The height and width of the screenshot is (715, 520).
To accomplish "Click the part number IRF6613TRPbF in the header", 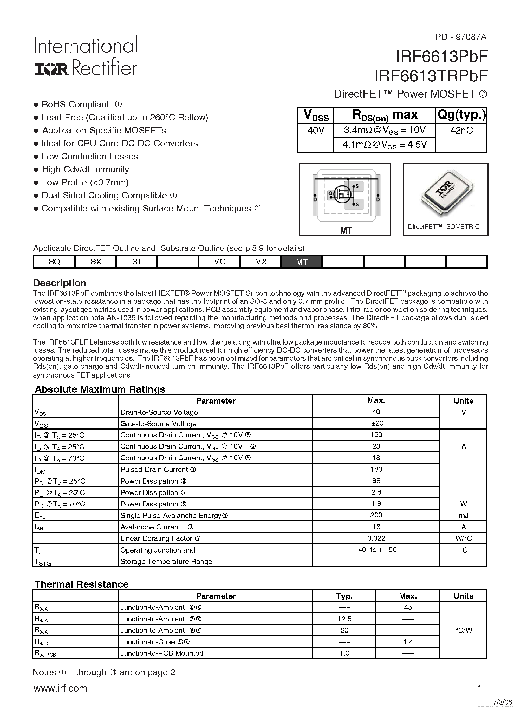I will [x=431, y=76].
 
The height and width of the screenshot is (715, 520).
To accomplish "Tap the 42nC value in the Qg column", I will [x=461, y=130].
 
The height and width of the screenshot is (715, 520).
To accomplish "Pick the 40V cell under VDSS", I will [x=315, y=130].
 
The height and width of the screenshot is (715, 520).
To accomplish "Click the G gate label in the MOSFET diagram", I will [x=330, y=193].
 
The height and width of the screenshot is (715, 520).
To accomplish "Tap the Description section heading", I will [x=60, y=283].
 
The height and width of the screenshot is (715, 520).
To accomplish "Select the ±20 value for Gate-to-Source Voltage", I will [x=376, y=423].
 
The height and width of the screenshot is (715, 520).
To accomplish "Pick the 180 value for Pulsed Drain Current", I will [x=376, y=469].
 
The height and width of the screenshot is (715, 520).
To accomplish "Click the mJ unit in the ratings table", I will [x=463, y=515].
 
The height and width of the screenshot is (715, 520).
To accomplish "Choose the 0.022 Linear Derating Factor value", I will [x=376, y=538].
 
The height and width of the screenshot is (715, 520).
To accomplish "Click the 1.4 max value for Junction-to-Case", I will [x=408, y=642].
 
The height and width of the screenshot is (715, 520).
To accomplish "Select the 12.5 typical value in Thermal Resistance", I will [x=344, y=619].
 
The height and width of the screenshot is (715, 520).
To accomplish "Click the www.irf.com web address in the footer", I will [x=60, y=688].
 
